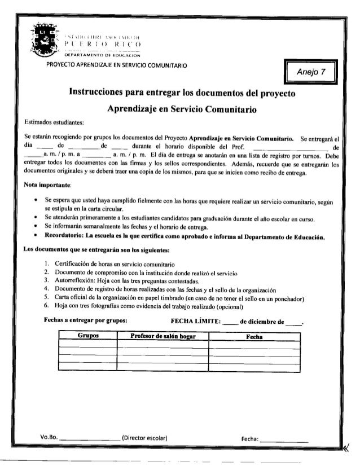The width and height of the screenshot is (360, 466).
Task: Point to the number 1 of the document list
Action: (x=45, y=264)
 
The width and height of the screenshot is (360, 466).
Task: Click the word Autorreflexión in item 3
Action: (x=71, y=280)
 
